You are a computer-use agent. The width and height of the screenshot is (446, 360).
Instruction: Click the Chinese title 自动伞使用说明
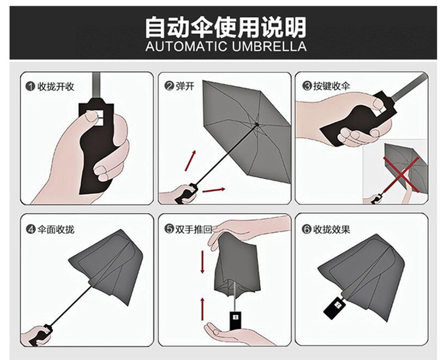tap(225, 28)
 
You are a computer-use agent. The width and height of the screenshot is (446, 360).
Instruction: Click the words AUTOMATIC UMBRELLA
tap(226, 46)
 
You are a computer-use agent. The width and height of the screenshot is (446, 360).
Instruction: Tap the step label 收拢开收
tap(56, 87)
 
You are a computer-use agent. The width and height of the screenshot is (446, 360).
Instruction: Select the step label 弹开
tap(185, 86)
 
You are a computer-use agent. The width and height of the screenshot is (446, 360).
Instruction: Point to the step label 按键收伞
tap(331, 86)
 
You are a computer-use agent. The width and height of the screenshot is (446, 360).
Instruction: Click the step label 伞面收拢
tap(56, 229)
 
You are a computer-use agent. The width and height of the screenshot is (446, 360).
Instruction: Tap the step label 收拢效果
tap(331, 229)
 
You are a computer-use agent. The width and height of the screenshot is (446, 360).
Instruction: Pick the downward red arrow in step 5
tap(202, 262)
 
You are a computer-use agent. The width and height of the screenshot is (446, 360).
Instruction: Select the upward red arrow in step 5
tap(202, 309)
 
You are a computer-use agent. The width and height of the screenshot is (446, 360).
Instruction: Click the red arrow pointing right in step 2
tap(213, 190)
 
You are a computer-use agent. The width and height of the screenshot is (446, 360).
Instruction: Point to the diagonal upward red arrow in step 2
tap(191, 161)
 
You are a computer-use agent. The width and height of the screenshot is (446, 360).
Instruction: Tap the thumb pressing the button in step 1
tap(92, 116)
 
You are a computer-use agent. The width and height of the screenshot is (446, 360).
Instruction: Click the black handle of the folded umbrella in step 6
tap(335, 307)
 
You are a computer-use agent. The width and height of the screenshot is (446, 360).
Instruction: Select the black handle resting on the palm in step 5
tap(235, 321)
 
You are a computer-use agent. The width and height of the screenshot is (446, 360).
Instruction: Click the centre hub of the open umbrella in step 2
tap(257, 124)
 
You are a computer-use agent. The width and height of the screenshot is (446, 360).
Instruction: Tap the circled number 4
tap(30, 229)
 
